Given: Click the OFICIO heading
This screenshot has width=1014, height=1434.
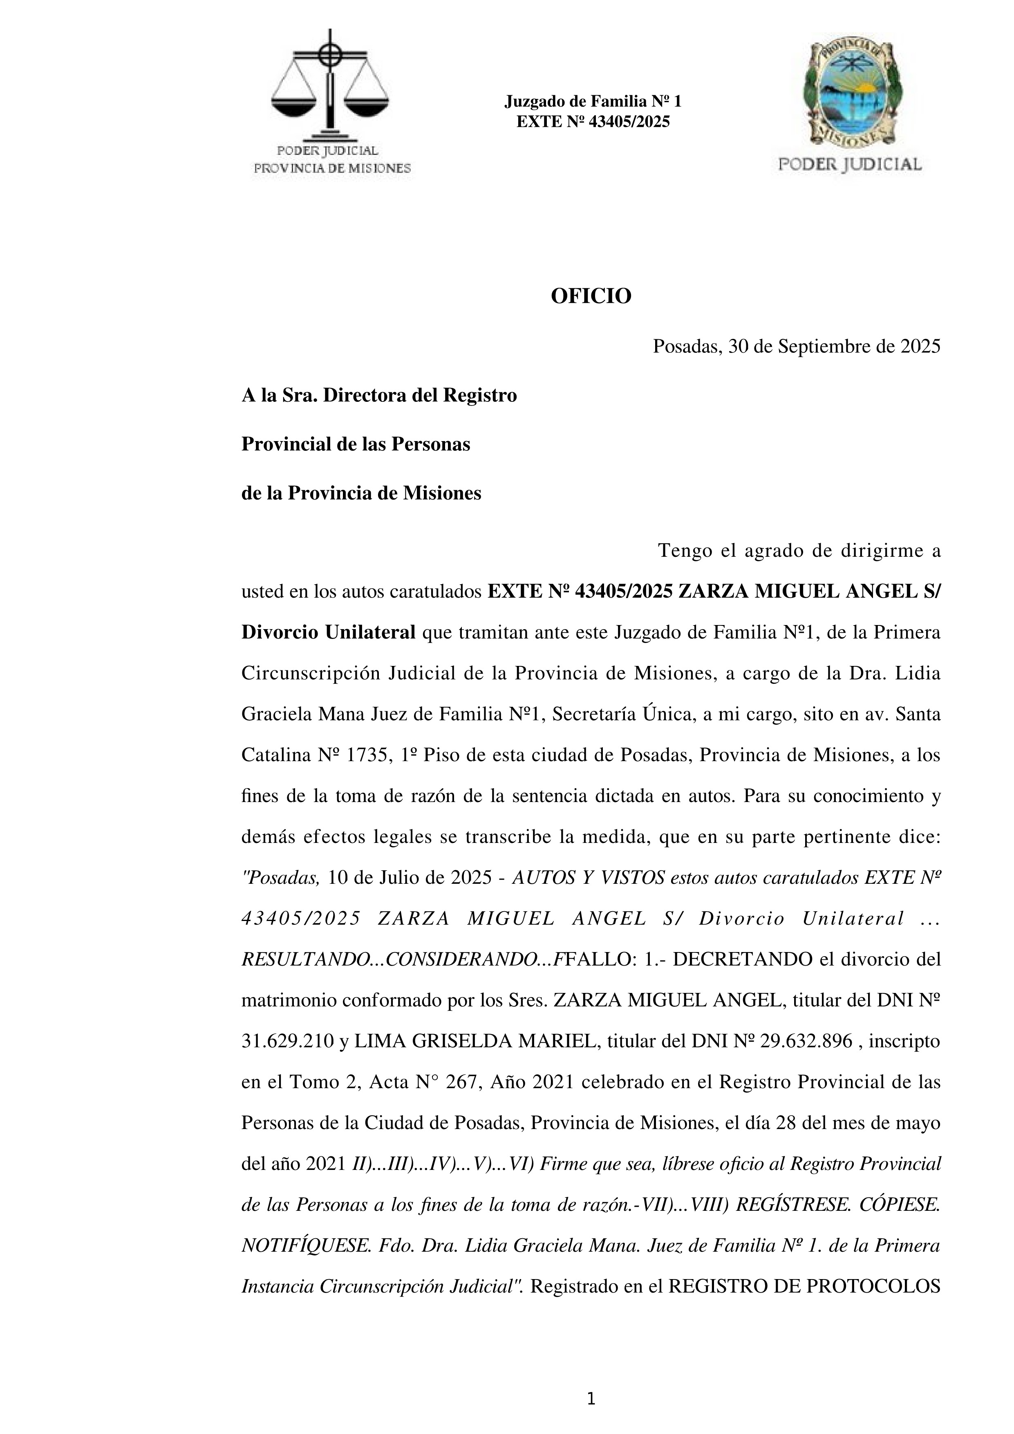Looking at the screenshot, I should point(591,296).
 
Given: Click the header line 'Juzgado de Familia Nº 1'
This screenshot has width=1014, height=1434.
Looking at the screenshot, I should point(593,101).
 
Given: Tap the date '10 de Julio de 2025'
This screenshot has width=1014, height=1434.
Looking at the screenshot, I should point(410,878).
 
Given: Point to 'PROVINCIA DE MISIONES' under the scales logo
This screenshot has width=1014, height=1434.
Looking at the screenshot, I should point(331,168).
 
